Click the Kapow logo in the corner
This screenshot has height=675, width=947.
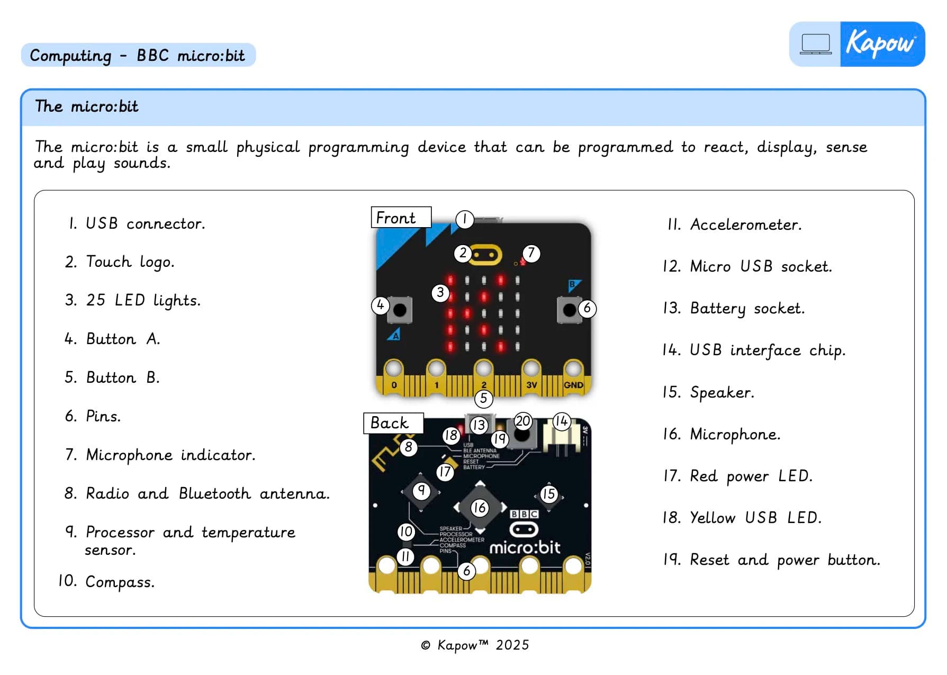(x=882, y=44)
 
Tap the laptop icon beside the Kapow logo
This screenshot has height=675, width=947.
(x=815, y=44)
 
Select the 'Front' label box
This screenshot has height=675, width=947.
(x=401, y=218)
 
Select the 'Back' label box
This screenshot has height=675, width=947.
(x=393, y=423)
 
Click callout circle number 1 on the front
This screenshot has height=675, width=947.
(x=464, y=219)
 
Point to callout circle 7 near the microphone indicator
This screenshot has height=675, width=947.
(x=531, y=253)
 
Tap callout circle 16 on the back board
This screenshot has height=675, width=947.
(x=479, y=508)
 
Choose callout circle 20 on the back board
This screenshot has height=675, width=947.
(x=522, y=421)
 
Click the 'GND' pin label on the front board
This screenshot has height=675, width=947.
(x=573, y=385)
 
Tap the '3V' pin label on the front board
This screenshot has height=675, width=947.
(x=531, y=385)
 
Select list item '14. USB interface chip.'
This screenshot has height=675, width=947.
(x=753, y=350)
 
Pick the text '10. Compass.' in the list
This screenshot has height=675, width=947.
(x=106, y=581)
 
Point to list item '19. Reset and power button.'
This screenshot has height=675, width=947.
(x=771, y=560)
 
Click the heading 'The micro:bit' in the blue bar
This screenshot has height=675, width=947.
(x=87, y=106)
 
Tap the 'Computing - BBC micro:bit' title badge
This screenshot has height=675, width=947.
(x=138, y=55)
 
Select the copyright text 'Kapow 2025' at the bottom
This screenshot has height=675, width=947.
(x=475, y=645)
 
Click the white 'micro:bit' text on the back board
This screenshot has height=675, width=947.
(x=524, y=547)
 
